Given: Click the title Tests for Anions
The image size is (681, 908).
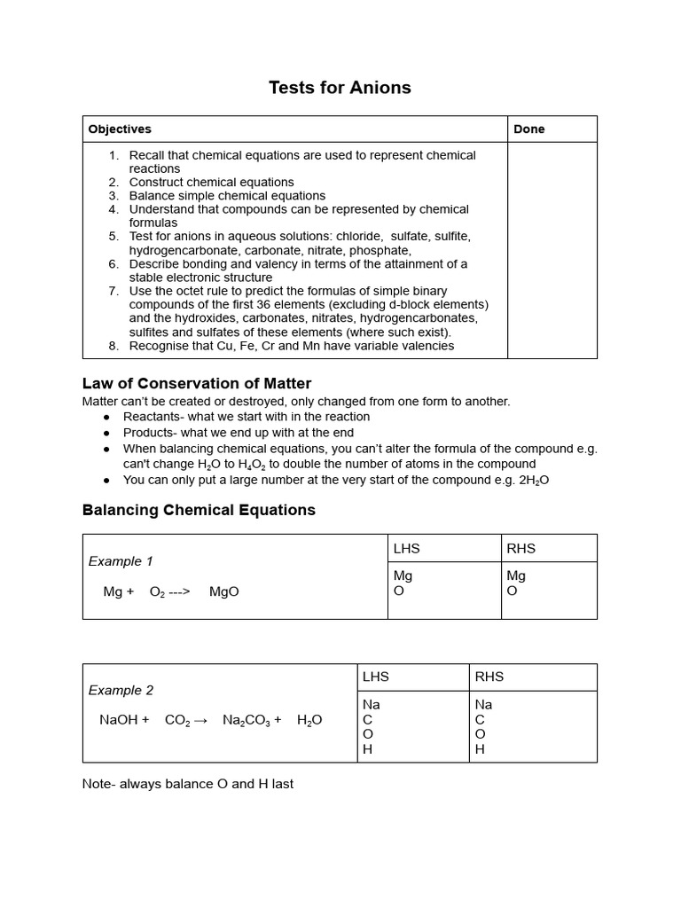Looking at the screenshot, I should (x=340, y=88).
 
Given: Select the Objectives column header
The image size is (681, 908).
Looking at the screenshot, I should (x=120, y=129).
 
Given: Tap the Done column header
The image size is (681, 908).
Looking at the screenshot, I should (x=528, y=129).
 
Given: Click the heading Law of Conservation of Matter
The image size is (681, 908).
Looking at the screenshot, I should (x=196, y=384).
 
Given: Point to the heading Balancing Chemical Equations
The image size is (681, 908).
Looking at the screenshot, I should (x=199, y=510).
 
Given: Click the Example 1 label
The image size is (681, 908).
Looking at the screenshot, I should (x=121, y=561).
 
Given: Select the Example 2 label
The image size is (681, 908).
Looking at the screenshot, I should (x=121, y=691).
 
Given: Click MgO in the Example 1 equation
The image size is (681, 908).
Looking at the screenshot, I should (x=223, y=591).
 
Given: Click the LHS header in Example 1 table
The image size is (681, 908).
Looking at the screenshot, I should (x=406, y=549).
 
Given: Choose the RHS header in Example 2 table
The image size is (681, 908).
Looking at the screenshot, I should (x=489, y=677).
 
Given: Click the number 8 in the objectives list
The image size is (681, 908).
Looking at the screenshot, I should (x=113, y=346).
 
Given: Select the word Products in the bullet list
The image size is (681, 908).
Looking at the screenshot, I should (x=150, y=433).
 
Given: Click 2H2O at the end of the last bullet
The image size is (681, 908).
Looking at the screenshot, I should (x=534, y=480).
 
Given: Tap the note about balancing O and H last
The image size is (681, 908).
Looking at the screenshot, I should (x=187, y=784).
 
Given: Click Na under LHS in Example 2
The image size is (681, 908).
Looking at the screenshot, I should (x=371, y=705).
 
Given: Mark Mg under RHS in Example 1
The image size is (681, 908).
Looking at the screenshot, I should (x=515, y=576).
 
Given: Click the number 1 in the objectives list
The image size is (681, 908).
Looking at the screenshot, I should (x=113, y=155).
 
